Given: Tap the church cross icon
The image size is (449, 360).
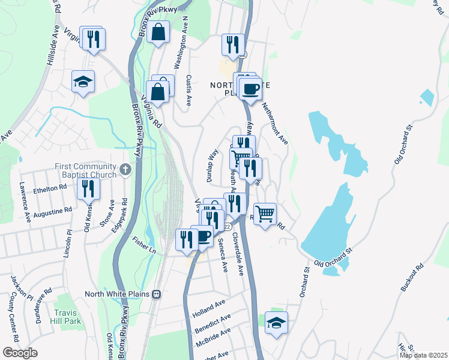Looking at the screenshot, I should pos(125,170).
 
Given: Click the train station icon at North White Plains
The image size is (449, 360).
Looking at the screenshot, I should pos(157,294).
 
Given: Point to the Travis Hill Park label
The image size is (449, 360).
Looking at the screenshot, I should pos(71,317).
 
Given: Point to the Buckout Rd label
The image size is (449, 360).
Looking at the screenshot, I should pos(412,278).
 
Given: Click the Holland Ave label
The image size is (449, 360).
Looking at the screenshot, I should pos(208,309).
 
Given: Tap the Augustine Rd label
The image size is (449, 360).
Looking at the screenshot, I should pos(53,212).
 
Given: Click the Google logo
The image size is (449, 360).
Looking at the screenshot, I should pos(20,353).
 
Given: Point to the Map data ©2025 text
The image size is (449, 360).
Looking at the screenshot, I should pos(423,355).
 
